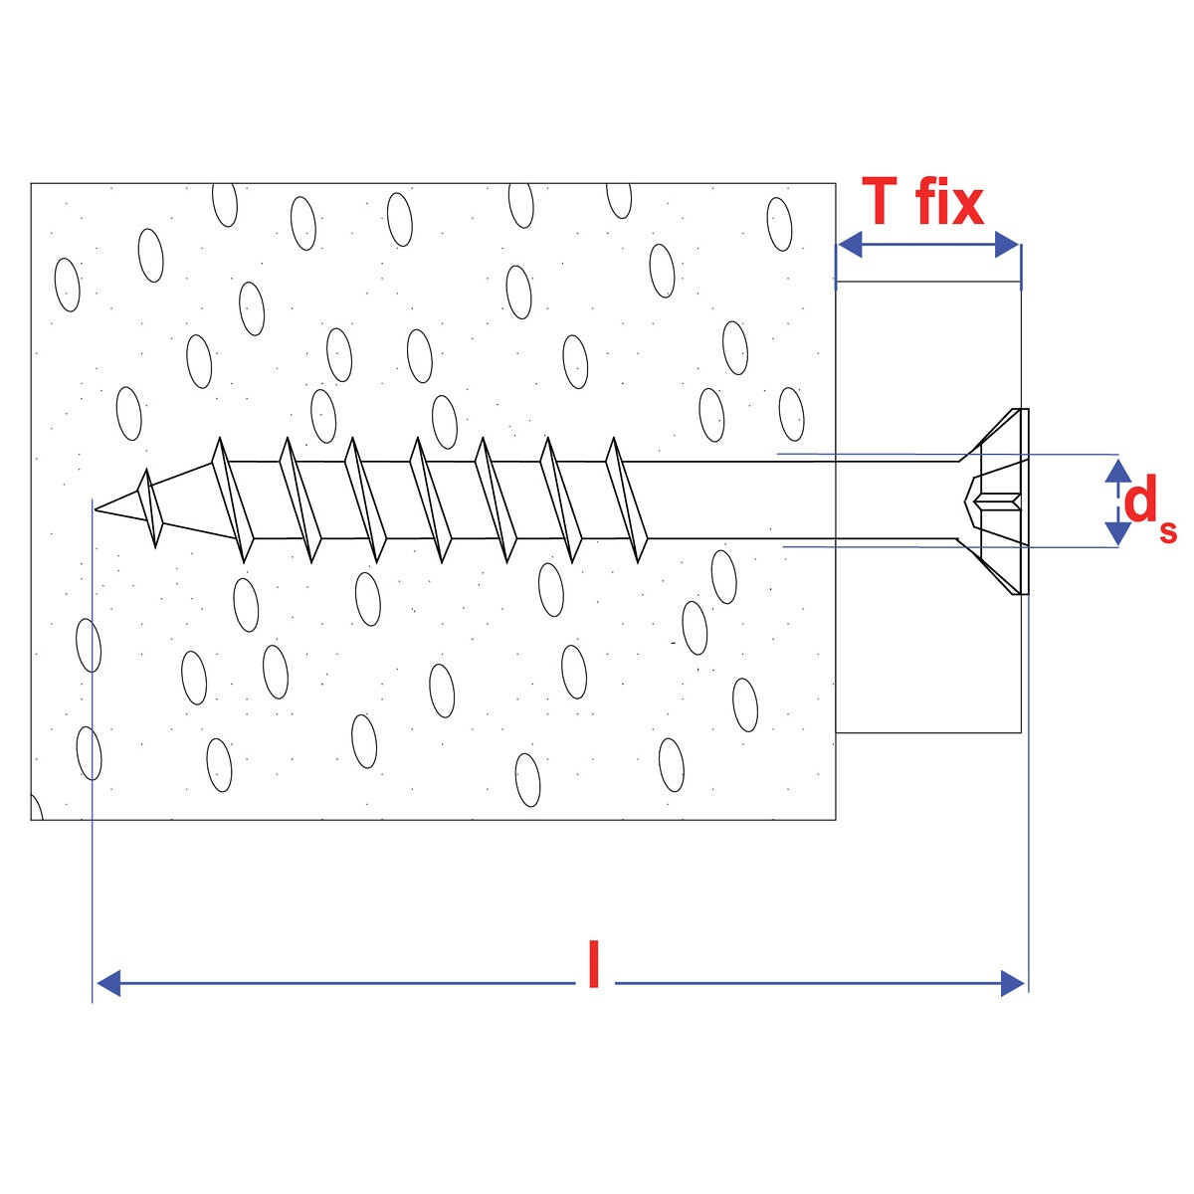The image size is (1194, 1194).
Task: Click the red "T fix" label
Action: (x=923, y=202)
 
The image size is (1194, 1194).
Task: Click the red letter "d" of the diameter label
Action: (x=1139, y=500)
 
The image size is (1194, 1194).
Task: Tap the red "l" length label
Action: (x=594, y=964)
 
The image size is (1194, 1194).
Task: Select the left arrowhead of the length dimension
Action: (x=107, y=983)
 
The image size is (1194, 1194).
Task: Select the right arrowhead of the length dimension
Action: (x=1013, y=983)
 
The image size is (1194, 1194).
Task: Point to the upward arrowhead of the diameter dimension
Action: (x=1118, y=470)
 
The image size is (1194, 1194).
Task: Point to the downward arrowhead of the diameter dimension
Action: (x=1118, y=534)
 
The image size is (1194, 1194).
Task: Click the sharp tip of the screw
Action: (x=98, y=510)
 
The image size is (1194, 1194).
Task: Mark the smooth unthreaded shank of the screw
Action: (x=796, y=500)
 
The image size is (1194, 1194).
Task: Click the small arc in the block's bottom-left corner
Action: (x=37, y=810)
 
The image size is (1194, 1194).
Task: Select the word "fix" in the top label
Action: (x=949, y=202)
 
